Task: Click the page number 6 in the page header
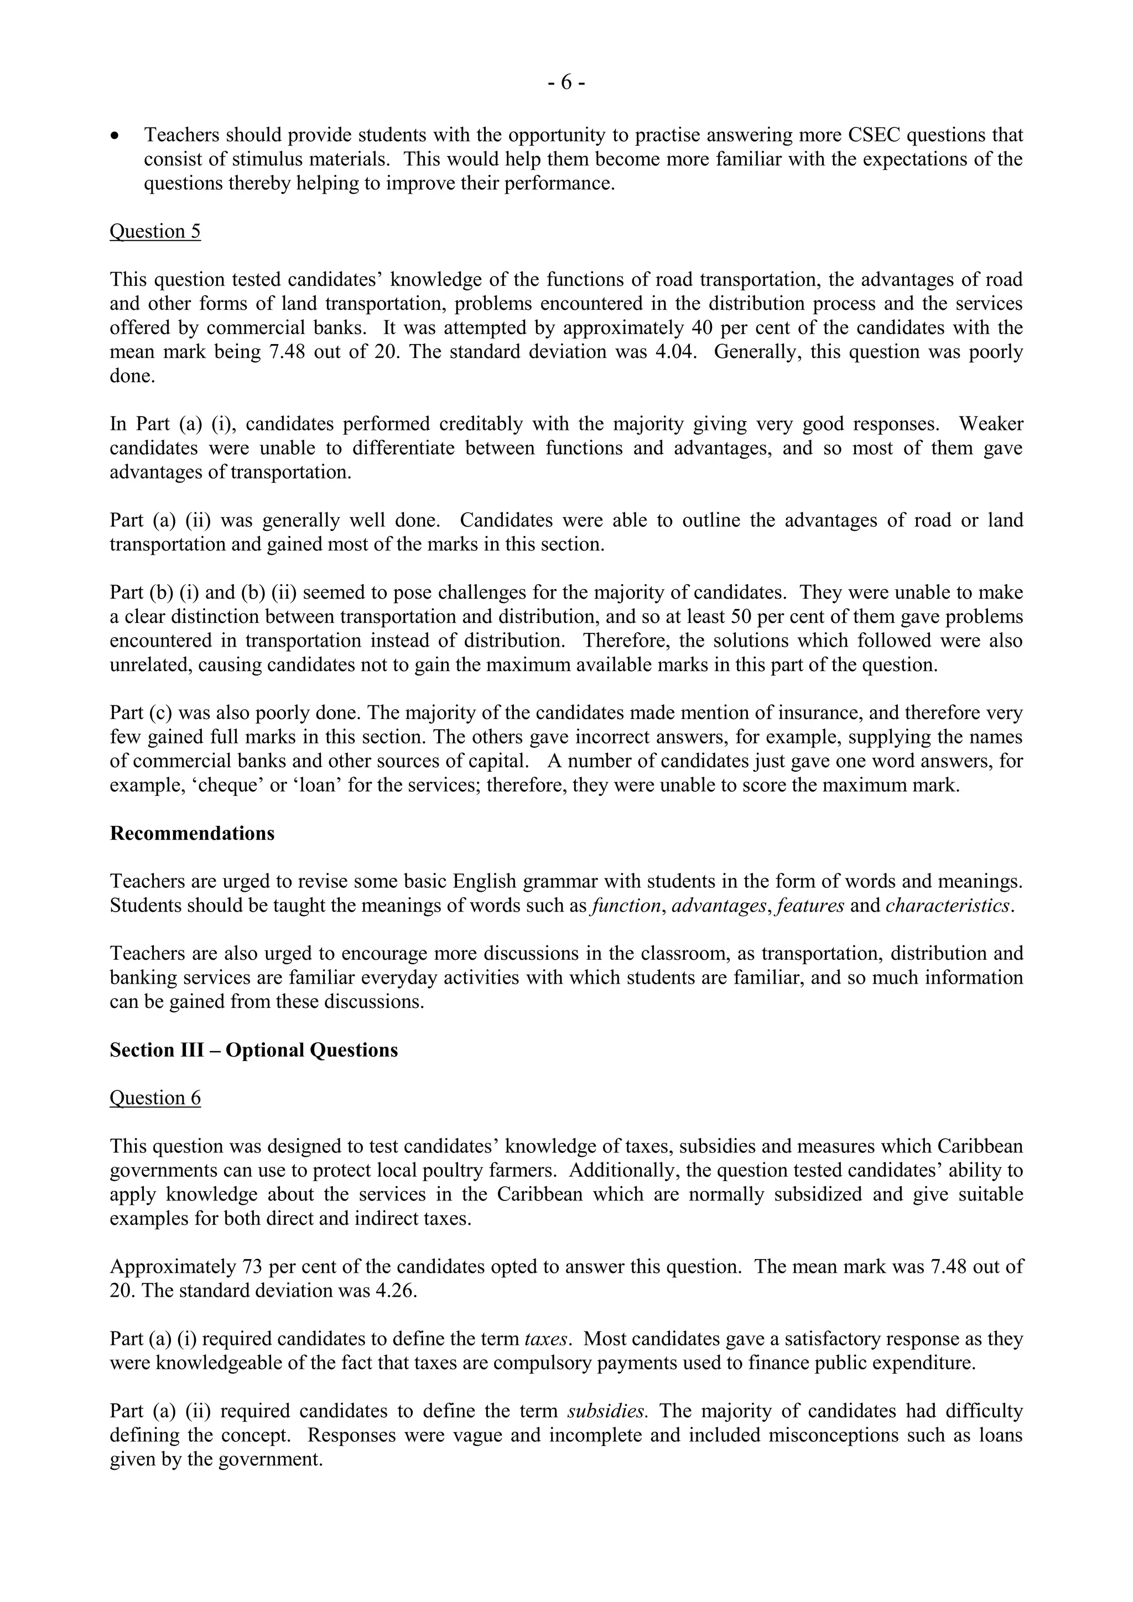click(566, 83)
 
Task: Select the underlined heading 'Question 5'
click(155, 232)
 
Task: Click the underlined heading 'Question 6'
click(155, 1098)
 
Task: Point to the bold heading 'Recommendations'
click(192, 834)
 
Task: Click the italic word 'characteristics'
click(948, 906)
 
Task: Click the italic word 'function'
click(625, 906)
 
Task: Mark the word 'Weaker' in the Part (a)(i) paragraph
click(991, 424)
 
